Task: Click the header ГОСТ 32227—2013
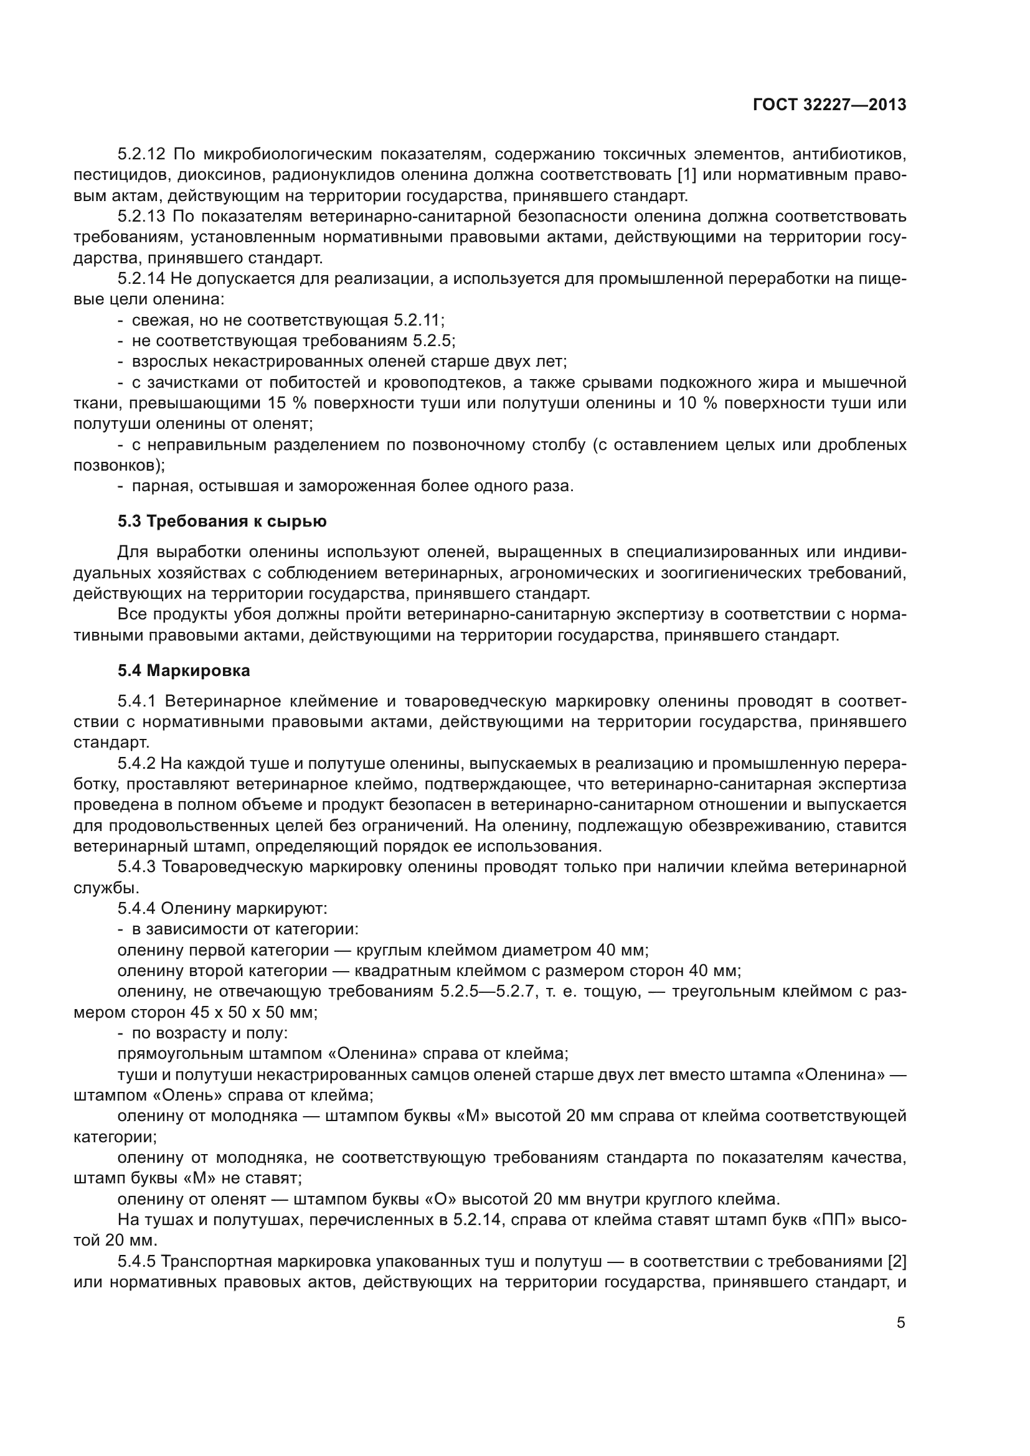pos(829,105)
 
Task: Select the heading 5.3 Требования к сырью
pos(222,521)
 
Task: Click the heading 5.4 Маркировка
pos(184,670)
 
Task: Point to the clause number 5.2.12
pos(141,154)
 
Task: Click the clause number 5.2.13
pos(141,216)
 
